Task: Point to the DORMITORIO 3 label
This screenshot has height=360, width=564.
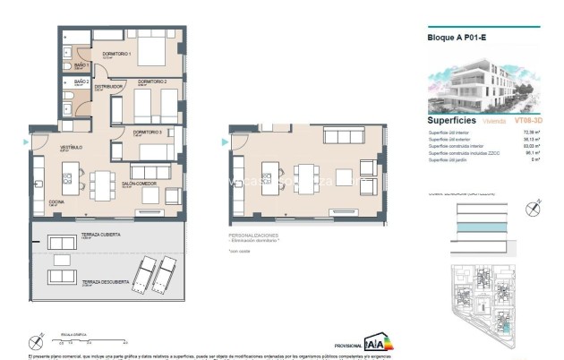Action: pos(147,132)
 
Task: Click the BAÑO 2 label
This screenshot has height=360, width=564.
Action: pos(82,81)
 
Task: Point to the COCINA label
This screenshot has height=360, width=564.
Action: pos(56,201)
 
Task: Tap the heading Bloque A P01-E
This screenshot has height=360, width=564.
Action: pos(456,39)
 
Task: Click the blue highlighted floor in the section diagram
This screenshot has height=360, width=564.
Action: pos(483,230)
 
